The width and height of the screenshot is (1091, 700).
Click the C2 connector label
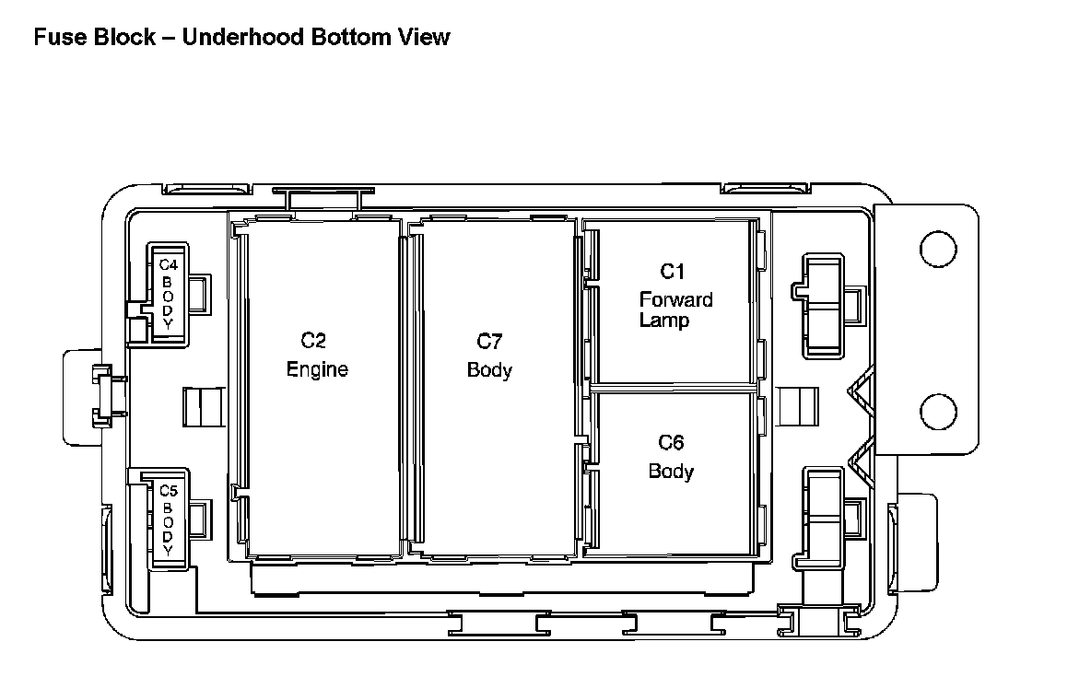[313, 341]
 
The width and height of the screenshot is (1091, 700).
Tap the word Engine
[317, 370]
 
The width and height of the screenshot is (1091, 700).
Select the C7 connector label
[489, 342]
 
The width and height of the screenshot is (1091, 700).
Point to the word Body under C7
[489, 371]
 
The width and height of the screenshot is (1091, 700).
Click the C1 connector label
[673, 272]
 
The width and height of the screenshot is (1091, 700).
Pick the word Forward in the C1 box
[675, 300]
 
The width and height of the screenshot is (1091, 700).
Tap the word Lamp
[663, 321]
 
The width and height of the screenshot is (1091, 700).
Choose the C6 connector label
[671, 443]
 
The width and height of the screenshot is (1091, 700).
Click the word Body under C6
[671, 472]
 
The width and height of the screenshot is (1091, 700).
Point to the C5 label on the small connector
[168, 490]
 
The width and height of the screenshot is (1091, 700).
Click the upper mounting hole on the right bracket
[938, 247]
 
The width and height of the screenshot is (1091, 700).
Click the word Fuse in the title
[53, 38]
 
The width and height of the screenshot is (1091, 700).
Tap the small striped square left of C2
[204, 407]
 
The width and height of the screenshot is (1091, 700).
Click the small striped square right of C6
[797, 406]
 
